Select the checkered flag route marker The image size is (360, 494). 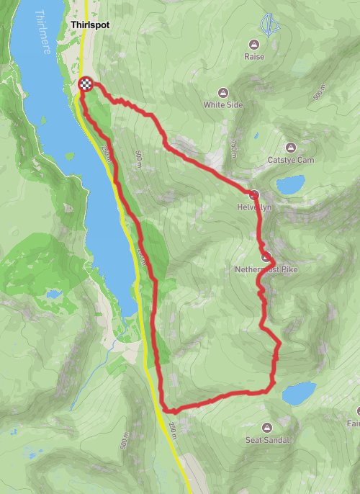(86, 84)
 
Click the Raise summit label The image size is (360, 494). (254, 56)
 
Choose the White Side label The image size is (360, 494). (223, 104)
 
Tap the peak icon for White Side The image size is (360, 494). (223, 92)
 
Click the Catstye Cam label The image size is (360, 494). (292, 160)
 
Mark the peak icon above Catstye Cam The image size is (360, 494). (291, 147)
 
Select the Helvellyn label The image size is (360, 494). (251, 207)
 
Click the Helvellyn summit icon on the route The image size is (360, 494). (254, 194)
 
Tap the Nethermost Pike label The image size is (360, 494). (266, 270)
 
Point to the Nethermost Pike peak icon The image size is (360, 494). (266, 257)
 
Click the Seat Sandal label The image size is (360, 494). (268, 439)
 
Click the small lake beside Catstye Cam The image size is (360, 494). (291, 185)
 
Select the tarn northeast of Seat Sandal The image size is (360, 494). (299, 393)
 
